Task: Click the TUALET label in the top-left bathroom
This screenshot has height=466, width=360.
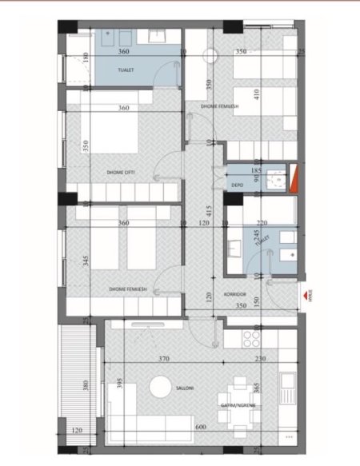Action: pyautogui.click(x=123, y=70)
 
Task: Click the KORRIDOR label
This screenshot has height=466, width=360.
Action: pyautogui.click(x=246, y=293)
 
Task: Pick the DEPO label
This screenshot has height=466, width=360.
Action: pyautogui.click(x=237, y=185)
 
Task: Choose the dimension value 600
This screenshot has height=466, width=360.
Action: pyautogui.click(x=199, y=428)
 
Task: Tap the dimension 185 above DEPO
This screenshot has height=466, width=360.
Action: pyautogui.click(x=257, y=170)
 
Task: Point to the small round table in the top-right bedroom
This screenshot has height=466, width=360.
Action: pyautogui.click(x=211, y=56)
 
